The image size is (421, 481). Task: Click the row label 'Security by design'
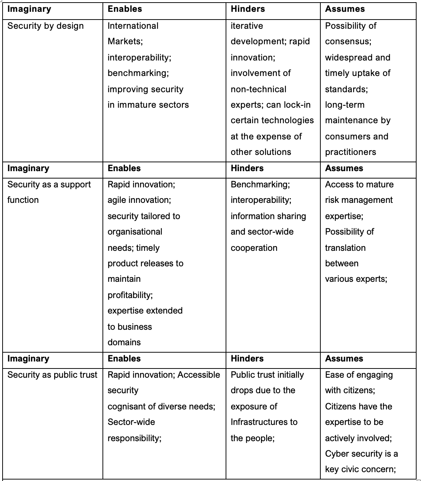45,26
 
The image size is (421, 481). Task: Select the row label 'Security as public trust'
52,375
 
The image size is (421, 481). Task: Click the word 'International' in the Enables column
133,26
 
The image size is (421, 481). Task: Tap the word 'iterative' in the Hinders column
247,26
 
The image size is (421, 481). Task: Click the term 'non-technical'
258,89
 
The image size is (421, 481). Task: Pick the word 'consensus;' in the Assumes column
348,42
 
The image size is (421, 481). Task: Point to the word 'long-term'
344,105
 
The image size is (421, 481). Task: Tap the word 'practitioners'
350,152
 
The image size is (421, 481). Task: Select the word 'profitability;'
130,295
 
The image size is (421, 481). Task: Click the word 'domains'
124,343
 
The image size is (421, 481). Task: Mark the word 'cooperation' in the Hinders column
254,248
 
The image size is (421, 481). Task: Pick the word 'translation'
345,248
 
